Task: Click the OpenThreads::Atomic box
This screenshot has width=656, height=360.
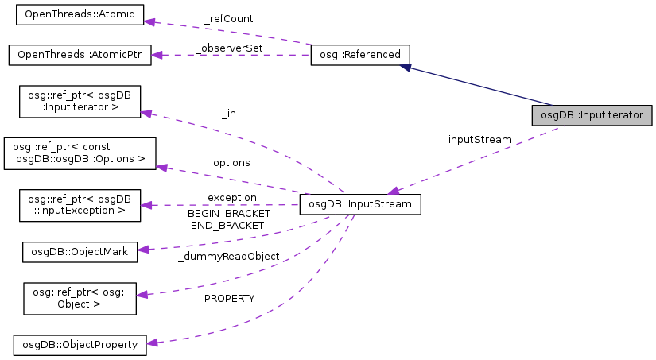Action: [x=74, y=14]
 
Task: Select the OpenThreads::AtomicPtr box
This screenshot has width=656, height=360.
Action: [x=80, y=55]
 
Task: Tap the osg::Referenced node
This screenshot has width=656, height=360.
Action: [x=359, y=55]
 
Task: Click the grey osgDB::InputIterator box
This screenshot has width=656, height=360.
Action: [x=592, y=114]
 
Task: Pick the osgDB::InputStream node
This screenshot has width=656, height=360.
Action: [x=359, y=205]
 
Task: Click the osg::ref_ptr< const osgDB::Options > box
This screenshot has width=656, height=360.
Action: [x=80, y=153]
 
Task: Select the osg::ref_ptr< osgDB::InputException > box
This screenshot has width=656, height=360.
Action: [x=80, y=204]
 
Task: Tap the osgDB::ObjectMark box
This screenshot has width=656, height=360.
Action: [x=80, y=251]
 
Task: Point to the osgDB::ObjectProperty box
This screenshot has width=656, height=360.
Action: [x=80, y=344]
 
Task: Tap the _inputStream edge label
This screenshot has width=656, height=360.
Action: [x=476, y=139]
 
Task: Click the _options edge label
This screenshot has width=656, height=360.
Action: [x=229, y=162]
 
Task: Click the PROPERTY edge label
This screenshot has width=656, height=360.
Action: [x=229, y=298]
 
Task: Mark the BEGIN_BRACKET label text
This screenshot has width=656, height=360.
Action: [x=229, y=213]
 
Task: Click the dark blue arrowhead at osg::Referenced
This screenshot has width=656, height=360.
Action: [x=406, y=68]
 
